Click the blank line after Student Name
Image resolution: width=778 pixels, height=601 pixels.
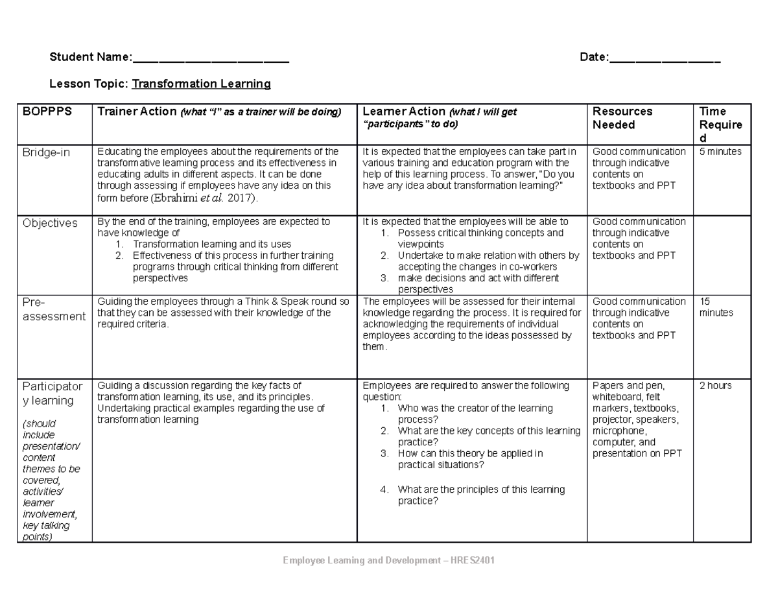pyautogui.click(x=211, y=59)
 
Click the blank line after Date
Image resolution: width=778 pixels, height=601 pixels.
pyautogui.click(x=665, y=59)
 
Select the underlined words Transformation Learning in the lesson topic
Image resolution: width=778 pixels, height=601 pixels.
pyautogui.click(x=201, y=84)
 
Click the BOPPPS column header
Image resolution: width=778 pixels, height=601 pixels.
pyautogui.click(x=40, y=112)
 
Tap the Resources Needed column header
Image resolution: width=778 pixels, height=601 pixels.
pyautogui.click(x=622, y=118)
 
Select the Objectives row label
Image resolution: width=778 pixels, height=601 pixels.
pyautogui.click(x=50, y=223)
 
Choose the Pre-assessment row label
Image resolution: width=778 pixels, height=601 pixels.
pyautogui.click(x=53, y=309)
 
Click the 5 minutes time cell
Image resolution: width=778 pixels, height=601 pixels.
pyautogui.click(x=720, y=152)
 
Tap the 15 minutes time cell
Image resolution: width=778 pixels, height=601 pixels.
pyautogui.click(x=716, y=307)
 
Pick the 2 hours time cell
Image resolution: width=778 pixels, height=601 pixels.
pyautogui.click(x=715, y=386)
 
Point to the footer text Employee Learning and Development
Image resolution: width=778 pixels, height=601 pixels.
pyautogui.click(x=388, y=561)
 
